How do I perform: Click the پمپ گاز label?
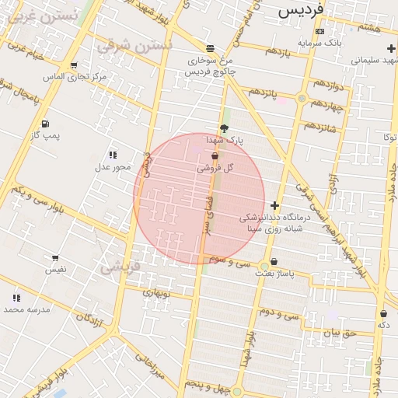pos(45,136)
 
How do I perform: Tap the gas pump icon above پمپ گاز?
pos(45,124)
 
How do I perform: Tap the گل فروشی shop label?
pos(215,167)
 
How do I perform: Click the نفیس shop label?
pos(55,269)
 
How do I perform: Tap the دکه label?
pos(383,324)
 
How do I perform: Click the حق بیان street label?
pos(339,333)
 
